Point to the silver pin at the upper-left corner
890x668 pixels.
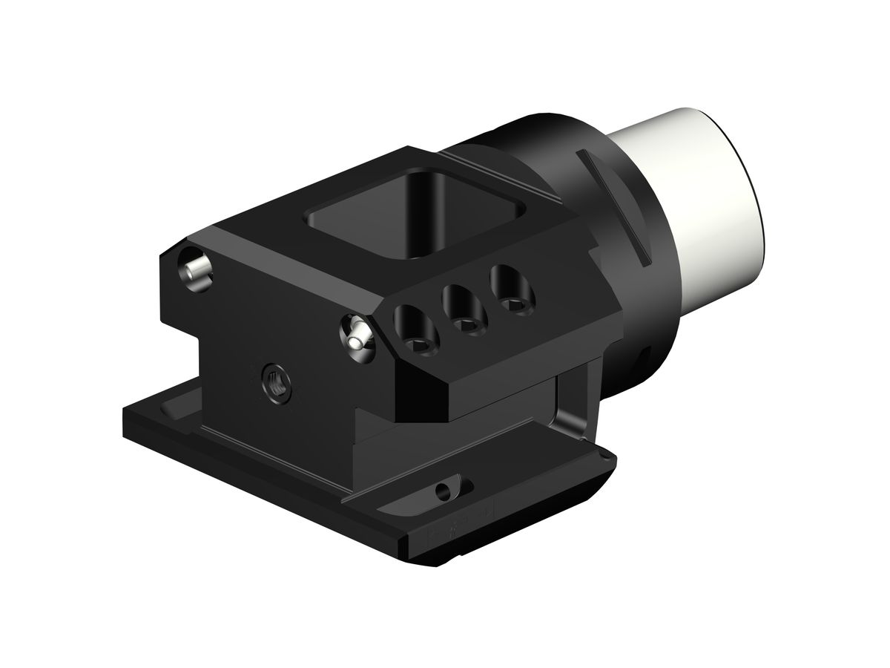point(196,269)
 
